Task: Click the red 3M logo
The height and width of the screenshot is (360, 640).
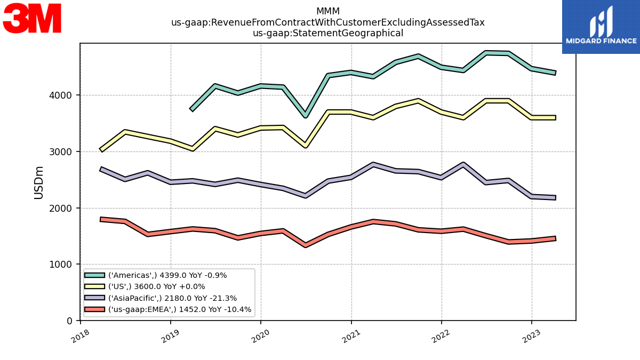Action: coord(32,18)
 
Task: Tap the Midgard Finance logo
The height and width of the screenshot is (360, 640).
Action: coord(601,27)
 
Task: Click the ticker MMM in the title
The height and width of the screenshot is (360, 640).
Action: coord(327,11)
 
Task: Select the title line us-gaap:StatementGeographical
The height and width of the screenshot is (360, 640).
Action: coord(327,33)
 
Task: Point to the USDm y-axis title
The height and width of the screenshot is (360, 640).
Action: coord(38,183)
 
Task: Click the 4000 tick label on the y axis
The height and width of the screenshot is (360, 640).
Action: coord(60,95)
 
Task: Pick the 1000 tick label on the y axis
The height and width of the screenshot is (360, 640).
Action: coord(60,265)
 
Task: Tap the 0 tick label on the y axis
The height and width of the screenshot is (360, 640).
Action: coord(69,321)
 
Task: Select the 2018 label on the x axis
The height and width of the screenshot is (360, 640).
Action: coord(81,337)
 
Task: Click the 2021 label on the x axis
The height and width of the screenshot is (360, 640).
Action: coord(351,337)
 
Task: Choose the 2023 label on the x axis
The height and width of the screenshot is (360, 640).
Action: coord(531,337)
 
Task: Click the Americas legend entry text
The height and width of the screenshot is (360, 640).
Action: coord(167,275)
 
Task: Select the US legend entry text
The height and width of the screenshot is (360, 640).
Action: coord(157,286)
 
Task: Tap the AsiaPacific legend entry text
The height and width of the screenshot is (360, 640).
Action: coord(173,298)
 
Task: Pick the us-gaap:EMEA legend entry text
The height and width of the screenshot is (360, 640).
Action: coord(180,309)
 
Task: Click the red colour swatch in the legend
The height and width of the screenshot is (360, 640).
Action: coord(94,309)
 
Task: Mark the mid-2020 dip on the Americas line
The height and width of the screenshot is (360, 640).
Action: coord(306,115)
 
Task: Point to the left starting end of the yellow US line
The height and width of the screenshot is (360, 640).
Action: coord(101,150)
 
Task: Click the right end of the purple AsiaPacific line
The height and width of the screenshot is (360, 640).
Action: coord(555,197)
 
